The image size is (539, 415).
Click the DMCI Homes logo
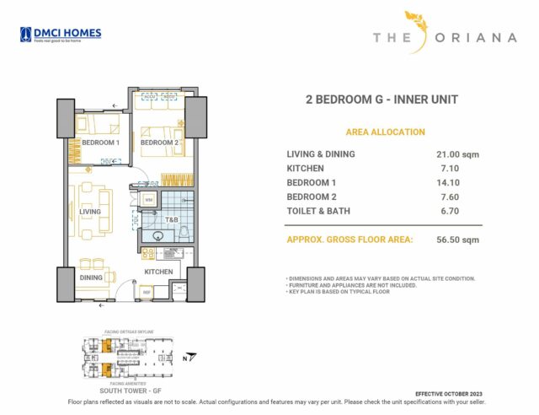click(x=61, y=35)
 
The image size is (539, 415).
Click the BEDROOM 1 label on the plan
click(x=100, y=143)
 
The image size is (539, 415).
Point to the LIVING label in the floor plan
click(x=90, y=211)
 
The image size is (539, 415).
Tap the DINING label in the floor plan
click(x=91, y=278)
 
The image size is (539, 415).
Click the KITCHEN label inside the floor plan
click(x=158, y=272)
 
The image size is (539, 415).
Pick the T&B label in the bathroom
click(x=171, y=220)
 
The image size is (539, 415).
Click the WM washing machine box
click(x=149, y=201)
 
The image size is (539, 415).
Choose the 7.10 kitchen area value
click(x=456, y=169)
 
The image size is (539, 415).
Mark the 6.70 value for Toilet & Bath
click(x=456, y=211)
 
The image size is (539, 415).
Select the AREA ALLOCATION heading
click(x=385, y=132)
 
